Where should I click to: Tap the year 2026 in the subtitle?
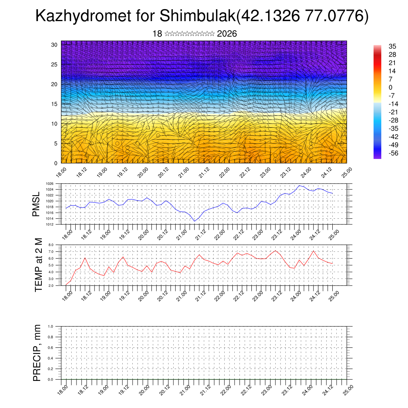[227, 34]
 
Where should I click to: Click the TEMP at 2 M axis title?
[38, 264]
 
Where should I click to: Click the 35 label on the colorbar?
[392, 47]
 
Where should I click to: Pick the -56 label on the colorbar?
[392, 153]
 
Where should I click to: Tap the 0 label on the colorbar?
[390, 87]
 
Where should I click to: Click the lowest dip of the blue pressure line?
[195, 221]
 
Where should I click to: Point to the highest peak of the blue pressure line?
[300, 185]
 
